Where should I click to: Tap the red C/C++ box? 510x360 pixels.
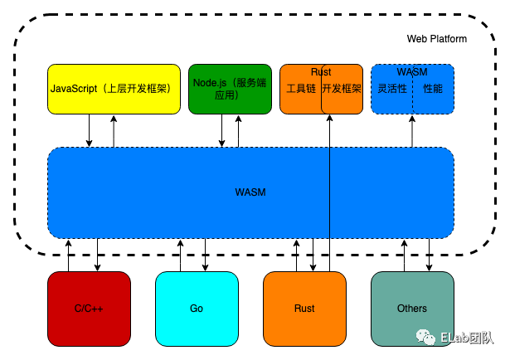point(89,309)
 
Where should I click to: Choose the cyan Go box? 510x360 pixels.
point(197,309)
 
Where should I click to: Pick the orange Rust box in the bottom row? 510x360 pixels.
point(304,309)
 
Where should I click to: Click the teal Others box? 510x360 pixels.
point(412,309)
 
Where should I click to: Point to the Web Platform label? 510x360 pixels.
point(436,39)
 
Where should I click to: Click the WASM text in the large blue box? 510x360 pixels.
point(250,192)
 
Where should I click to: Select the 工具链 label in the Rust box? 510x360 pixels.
point(299,88)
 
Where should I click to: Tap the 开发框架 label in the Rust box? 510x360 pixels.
point(342,88)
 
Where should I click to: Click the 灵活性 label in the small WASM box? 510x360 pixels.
point(391,88)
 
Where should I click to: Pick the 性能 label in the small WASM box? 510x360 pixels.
point(433,88)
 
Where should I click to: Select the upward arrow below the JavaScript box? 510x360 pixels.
point(114,131)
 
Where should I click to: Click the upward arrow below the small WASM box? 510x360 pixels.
point(412,131)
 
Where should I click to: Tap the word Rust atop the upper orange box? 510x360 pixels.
point(321,72)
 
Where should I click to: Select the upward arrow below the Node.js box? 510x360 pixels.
point(238,131)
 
